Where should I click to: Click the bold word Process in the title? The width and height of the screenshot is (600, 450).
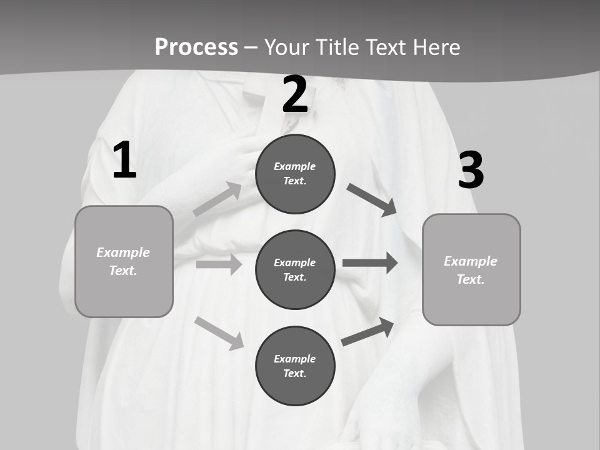196,47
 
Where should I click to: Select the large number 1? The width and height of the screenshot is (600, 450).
124,161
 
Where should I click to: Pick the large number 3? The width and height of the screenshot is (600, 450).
471,170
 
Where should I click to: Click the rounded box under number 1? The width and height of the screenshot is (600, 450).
124,261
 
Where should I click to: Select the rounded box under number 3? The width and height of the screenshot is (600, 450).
471,269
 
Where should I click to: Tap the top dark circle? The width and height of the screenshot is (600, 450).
295,174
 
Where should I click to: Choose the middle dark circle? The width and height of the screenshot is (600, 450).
295,269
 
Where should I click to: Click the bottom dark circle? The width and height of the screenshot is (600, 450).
295,366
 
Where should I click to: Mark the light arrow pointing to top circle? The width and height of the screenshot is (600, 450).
217,199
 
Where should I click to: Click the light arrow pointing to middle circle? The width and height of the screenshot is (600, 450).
219,264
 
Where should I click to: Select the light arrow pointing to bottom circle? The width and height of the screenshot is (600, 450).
219,333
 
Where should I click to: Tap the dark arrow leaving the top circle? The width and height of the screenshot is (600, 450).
372,200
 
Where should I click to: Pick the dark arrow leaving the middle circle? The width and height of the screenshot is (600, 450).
370,262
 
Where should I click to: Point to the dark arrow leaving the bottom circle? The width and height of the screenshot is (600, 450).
367,332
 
